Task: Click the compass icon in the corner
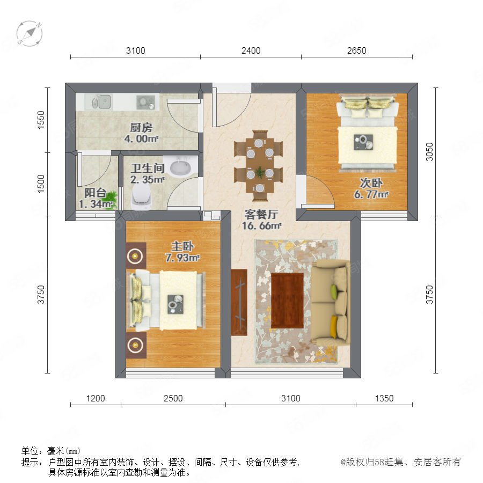[30, 33]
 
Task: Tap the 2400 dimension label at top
[251, 50]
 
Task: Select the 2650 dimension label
[356, 50]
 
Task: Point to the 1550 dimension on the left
[41, 120]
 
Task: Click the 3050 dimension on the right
[429, 152]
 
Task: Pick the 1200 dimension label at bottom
[96, 398]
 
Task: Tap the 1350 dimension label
[384, 398]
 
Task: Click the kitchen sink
[101, 101]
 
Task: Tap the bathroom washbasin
[181, 167]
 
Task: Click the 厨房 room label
[141, 127]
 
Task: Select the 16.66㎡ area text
[261, 226]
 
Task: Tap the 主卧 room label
[182, 246]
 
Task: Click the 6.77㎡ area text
[371, 194]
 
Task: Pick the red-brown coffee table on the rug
[288, 301]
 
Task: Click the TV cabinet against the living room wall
[239, 302]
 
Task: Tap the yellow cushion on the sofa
[334, 327]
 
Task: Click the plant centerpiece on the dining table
[260, 172]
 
